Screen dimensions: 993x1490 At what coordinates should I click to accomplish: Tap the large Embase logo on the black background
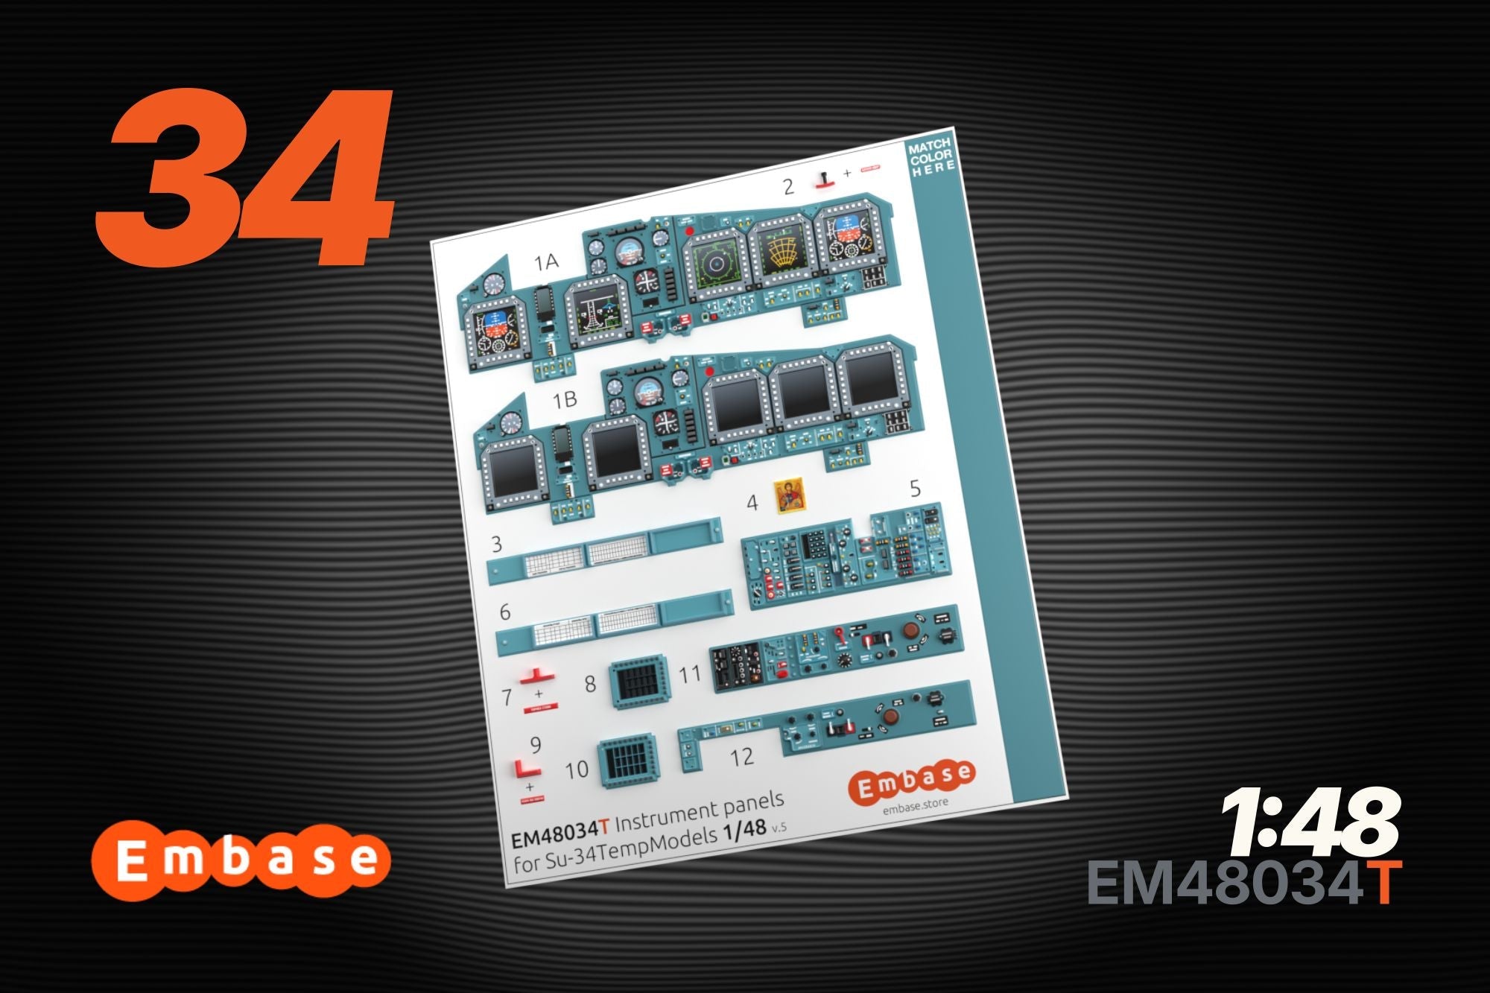[241, 860]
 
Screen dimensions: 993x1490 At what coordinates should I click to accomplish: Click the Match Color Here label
[931, 156]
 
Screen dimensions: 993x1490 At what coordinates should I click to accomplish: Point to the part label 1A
[546, 261]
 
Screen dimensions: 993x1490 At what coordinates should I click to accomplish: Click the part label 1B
[565, 400]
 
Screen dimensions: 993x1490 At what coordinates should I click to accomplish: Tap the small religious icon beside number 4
[788, 497]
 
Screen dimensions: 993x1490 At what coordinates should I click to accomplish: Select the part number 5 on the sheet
[915, 489]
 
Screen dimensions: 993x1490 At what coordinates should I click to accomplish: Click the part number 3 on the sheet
[497, 545]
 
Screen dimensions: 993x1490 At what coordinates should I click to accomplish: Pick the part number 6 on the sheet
[505, 612]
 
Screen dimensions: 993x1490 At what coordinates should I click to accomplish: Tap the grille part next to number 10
[627, 761]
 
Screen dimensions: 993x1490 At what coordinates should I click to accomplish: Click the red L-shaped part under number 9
[527, 769]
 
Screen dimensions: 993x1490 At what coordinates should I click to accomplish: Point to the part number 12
[741, 758]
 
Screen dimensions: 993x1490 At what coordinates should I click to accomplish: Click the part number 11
[690, 674]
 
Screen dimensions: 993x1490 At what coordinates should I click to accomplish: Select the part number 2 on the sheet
[788, 186]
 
